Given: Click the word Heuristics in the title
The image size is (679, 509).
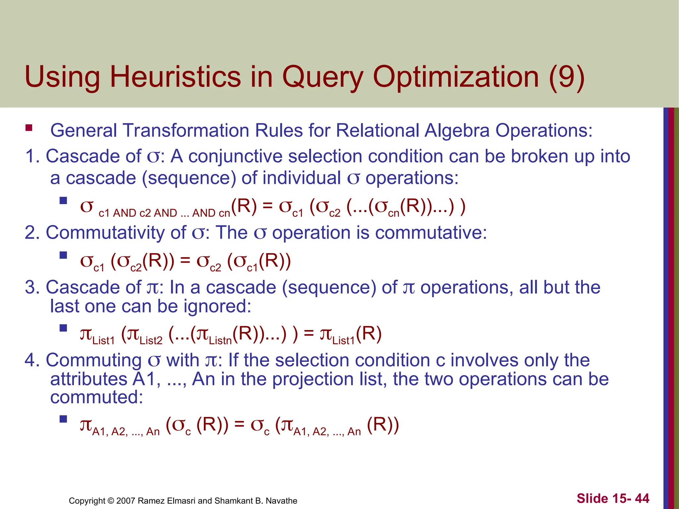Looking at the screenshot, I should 175,77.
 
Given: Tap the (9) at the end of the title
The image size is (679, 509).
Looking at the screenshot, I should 566,77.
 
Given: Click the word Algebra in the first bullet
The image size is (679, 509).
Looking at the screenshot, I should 457,130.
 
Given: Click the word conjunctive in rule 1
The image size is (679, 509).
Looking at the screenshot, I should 235,156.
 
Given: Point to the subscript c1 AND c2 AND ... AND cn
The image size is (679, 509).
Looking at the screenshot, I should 164,213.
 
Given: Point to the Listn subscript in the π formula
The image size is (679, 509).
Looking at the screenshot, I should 220,341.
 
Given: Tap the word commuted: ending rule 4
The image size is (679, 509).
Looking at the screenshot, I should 96,397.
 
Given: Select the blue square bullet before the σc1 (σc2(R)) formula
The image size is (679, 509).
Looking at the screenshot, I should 63,255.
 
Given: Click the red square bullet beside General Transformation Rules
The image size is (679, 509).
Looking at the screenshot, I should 29,128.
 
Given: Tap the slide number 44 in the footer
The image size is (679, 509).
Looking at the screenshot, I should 642,498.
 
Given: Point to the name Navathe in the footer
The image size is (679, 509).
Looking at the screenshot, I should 281,501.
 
